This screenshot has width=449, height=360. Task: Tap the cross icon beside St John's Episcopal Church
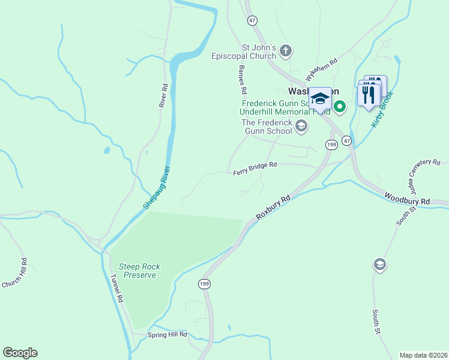tap(286, 51)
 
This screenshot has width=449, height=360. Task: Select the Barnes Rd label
tap(243, 80)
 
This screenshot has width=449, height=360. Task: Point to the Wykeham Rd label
tap(322, 66)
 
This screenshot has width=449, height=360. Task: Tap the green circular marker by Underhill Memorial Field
tap(339, 107)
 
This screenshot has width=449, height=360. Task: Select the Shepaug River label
tap(157, 187)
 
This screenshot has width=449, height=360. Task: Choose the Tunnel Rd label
tap(116, 289)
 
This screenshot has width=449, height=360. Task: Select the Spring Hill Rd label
tap(167, 334)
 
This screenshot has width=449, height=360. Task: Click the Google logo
tap(20, 353)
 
